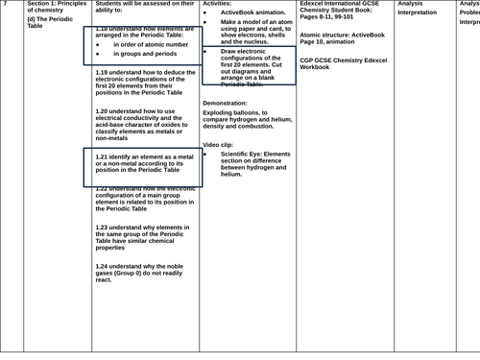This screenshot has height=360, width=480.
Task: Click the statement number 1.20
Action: (104, 111)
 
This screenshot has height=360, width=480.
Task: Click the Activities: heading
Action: (218, 5)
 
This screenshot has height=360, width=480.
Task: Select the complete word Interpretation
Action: (422, 13)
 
